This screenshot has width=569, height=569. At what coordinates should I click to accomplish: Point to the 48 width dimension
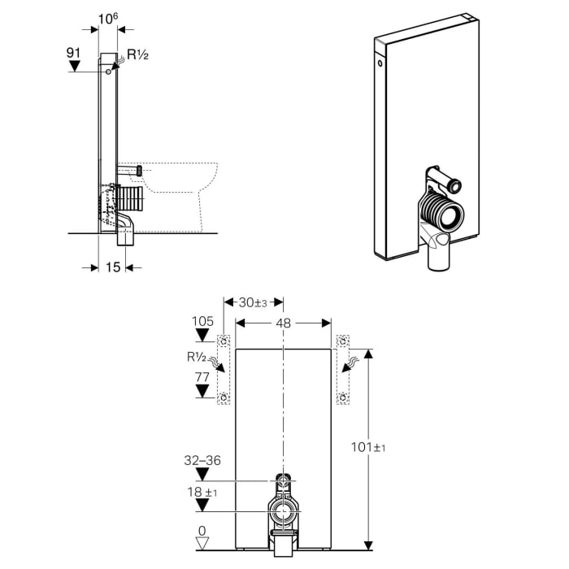click(283, 322)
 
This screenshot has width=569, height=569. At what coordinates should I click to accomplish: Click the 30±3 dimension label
click(252, 302)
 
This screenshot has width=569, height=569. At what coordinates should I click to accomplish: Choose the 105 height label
click(202, 320)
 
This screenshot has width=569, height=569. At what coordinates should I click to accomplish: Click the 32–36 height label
click(202, 459)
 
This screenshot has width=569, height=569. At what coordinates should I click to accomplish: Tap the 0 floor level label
click(202, 529)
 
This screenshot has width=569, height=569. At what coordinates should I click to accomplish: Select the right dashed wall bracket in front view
click(343, 370)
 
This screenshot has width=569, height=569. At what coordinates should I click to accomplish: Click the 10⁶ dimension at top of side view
click(107, 18)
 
